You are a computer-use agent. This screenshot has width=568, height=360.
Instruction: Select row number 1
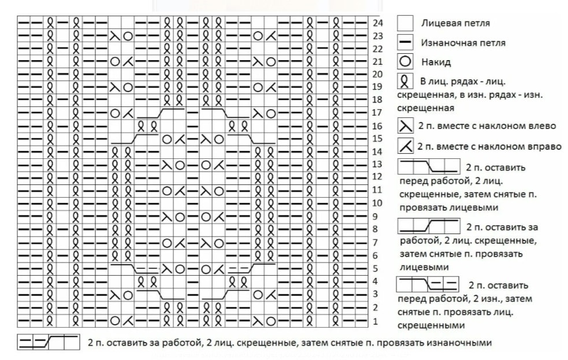pos(376,321)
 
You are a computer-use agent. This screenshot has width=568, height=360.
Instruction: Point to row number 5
pos(376,268)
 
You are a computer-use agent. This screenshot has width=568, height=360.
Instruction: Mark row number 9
pos(376,217)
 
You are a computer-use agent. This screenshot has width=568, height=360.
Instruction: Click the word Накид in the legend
pos(437,62)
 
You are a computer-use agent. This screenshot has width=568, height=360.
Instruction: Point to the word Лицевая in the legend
pos(440,24)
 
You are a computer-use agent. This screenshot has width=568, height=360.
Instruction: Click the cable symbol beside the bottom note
pos(48,343)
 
